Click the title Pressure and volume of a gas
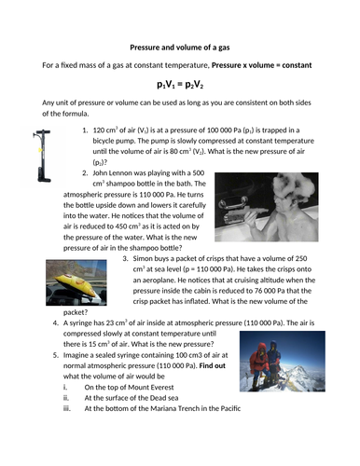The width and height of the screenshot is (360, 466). pyautogui.click(x=180, y=48)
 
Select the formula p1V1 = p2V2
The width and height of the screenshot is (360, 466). pyautogui.click(x=180, y=85)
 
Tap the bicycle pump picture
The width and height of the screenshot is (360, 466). pyautogui.click(x=42, y=156)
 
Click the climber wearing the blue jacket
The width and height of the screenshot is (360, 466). pyautogui.click(x=273, y=361)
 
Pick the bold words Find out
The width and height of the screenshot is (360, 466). pyautogui.click(x=212, y=365)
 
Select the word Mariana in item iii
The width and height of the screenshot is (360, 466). pyautogui.click(x=161, y=408)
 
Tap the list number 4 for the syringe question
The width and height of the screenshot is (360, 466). pyautogui.click(x=55, y=323)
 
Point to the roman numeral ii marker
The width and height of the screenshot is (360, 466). pyautogui.click(x=66, y=398)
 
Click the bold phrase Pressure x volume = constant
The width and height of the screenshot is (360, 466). pyautogui.click(x=261, y=65)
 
